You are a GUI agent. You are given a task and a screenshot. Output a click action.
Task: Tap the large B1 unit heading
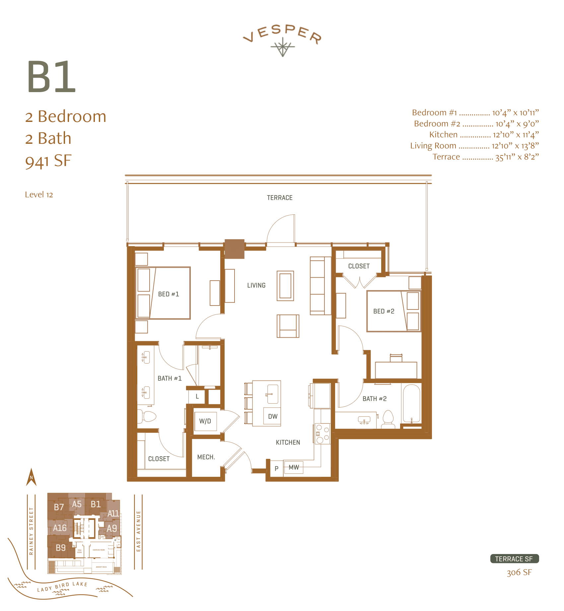[51, 77]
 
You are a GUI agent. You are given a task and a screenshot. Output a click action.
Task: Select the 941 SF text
[48, 161]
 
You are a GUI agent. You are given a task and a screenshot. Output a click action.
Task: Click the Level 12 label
[39, 194]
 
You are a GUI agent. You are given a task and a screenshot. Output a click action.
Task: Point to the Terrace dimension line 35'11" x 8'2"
[486, 157]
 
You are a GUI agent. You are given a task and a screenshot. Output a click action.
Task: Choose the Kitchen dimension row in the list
[484, 135]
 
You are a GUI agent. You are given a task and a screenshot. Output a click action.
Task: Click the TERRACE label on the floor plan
[280, 198]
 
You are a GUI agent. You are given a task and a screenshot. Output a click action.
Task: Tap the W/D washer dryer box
[205, 421]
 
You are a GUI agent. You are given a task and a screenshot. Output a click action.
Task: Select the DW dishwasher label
[273, 417]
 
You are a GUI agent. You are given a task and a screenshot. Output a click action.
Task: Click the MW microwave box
[294, 467]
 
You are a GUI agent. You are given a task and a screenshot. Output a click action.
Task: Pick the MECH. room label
[206, 457]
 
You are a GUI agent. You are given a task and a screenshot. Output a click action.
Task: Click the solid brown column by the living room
[235, 249]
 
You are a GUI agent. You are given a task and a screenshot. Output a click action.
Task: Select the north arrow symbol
[31, 477]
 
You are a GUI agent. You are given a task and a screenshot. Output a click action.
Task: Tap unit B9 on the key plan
[61, 548]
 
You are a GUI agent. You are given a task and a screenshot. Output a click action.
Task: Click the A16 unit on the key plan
[60, 528]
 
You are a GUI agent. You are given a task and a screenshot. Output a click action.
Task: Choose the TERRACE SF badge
[514, 559]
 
